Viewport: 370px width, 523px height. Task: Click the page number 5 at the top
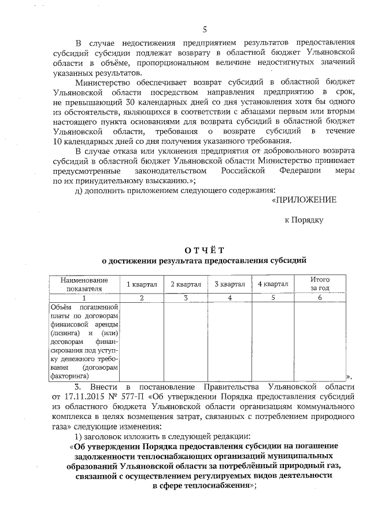(x=205, y=30)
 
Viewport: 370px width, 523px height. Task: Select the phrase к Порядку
(x=304, y=220)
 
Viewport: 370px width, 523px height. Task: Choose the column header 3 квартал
(x=230, y=284)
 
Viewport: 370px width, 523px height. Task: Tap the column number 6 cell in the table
(x=320, y=297)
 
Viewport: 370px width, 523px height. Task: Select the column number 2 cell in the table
(x=141, y=297)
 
